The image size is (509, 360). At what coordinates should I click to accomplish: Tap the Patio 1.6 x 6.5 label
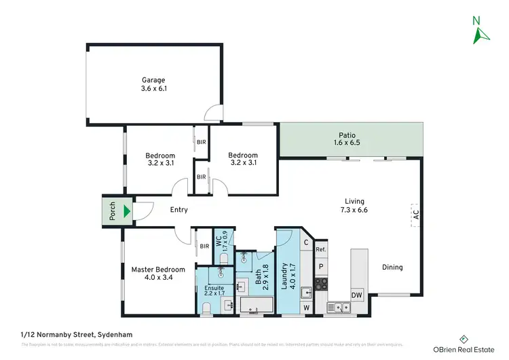coord(347,139)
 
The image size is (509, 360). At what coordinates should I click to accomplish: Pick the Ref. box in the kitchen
coord(321,250)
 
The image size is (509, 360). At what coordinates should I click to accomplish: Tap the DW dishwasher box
coord(357,295)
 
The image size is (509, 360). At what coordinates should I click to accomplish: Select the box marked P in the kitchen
coord(321,266)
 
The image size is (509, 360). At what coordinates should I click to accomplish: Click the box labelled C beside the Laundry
coord(306,242)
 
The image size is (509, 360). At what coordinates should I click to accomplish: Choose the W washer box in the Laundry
coord(306,308)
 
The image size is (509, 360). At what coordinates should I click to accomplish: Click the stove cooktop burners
coord(321,282)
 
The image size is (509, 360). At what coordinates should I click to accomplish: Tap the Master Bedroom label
coord(156,273)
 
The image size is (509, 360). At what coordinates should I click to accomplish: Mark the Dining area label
coord(392,267)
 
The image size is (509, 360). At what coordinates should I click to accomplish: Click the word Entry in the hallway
coord(178,210)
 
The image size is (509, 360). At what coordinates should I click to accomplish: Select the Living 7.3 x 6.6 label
coord(354,206)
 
